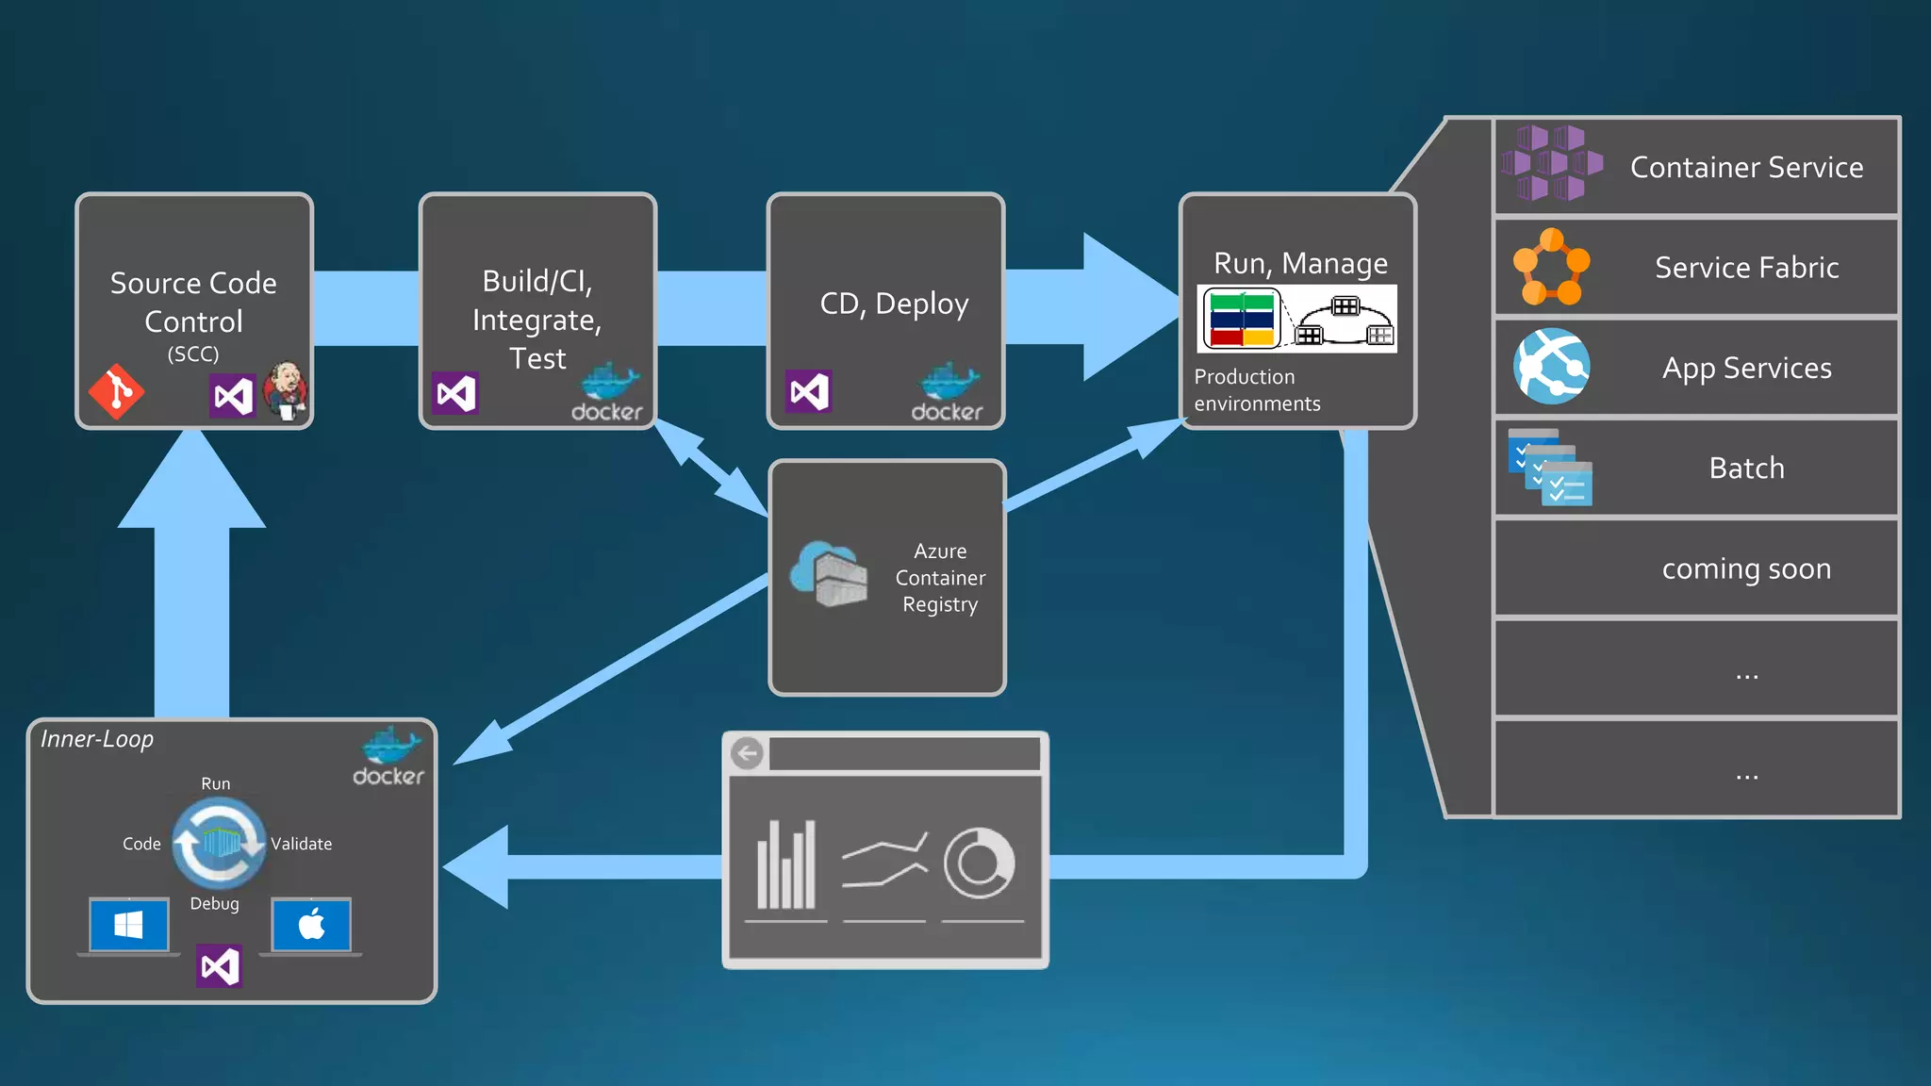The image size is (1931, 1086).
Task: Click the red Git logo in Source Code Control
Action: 116,391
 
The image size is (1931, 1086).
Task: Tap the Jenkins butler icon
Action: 286,389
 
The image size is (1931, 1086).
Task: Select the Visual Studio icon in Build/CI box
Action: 455,393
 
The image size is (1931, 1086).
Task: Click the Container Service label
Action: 1746,167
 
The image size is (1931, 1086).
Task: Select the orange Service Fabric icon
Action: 1551,267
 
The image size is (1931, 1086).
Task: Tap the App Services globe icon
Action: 1551,367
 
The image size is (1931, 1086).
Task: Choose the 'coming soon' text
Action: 1746,568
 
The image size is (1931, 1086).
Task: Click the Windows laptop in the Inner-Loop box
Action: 129,926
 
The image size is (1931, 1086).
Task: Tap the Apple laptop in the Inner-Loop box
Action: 311,926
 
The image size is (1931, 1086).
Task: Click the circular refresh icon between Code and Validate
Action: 219,843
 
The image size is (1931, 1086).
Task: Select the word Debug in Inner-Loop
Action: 214,903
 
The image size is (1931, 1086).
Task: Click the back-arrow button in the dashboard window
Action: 748,753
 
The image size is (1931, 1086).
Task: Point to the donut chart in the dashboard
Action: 979,864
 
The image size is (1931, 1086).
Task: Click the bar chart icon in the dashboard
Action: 785,864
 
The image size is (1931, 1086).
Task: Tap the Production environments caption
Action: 1256,390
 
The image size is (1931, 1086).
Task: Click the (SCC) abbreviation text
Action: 193,354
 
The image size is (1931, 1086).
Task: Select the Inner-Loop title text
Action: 97,739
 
